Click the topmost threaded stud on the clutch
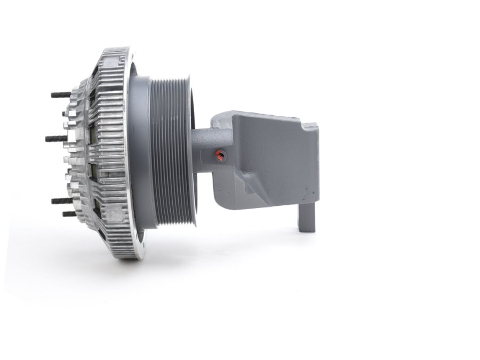point(60,95)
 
